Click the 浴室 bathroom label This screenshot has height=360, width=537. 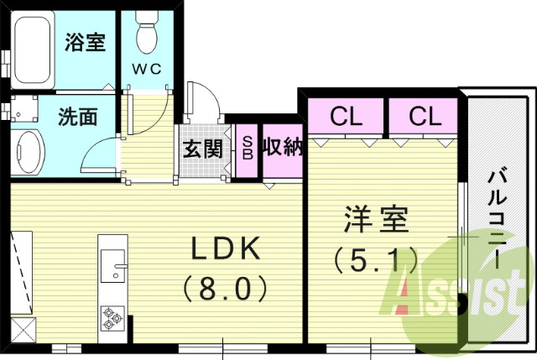(85, 42)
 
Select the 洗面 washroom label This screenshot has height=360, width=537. (77, 117)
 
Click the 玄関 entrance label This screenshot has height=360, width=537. (203, 149)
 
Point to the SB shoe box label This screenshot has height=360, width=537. (247, 149)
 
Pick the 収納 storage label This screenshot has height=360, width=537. (282, 149)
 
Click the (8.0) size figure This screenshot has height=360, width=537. (224, 290)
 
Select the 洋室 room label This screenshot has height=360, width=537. (375, 220)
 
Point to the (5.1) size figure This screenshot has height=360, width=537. (375, 261)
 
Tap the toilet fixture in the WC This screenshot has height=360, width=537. (148, 34)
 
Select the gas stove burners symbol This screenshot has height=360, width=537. (112, 316)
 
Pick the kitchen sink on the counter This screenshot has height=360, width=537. (112, 267)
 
